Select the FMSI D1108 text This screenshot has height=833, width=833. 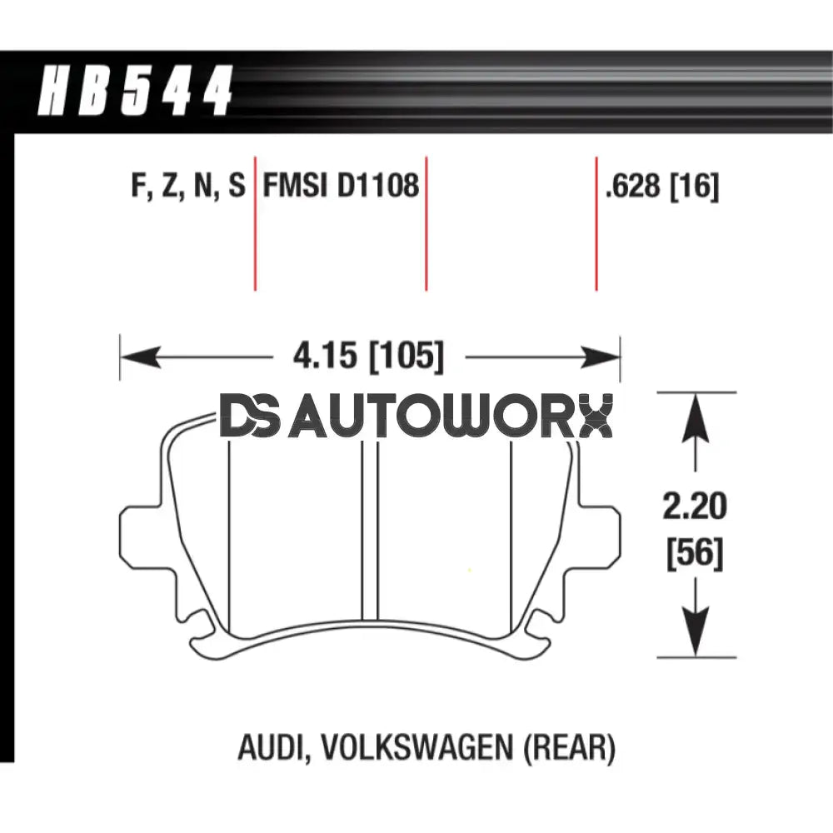(x=341, y=185)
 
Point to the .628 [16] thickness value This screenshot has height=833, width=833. (x=662, y=186)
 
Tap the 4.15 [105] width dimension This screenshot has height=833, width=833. (x=367, y=357)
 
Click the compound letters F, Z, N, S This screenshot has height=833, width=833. (x=188, y=185)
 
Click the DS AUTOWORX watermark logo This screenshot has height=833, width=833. (x=416, y=417)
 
